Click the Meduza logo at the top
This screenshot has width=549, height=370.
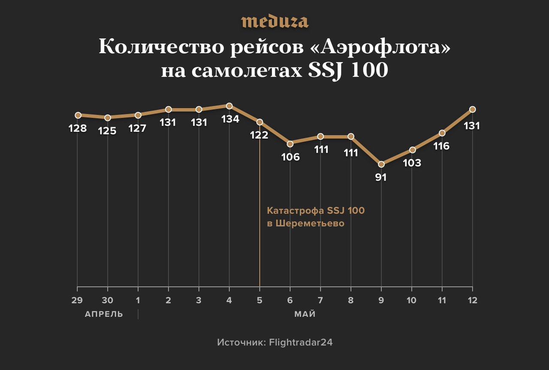[274, 22]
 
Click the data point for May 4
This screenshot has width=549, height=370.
[229, 106]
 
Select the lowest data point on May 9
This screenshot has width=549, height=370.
[381, 164]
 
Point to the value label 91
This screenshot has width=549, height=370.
[381, 177]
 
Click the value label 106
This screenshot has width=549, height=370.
[290, 157]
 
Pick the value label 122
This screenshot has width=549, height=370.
[259, 135]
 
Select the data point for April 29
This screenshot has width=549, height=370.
[78, 115]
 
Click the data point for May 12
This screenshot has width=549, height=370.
[473, 109]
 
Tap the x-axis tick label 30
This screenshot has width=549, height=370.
[108, 300]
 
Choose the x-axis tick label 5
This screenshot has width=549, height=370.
[259, 300]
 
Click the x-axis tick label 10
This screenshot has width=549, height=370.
[412, 300]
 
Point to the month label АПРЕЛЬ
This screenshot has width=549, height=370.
[104, 314]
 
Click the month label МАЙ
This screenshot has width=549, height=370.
[305, 314]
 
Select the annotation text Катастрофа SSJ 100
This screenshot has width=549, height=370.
[316, 211]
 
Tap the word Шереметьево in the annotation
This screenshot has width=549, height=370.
[310, 223]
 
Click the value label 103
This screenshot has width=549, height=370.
[412, 163]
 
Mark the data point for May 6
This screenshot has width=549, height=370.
[290, 144]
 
